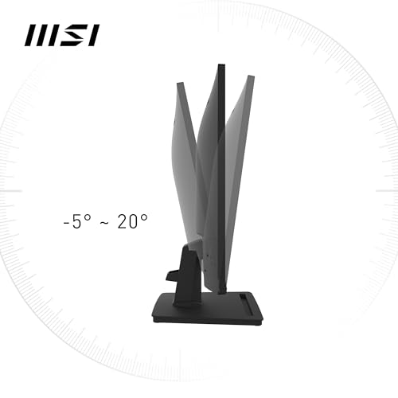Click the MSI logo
coord(62,35)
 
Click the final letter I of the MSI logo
coord(94,35)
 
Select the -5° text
coord(77,221)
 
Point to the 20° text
coord(132,221)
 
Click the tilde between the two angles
coord(104,223)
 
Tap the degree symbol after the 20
coord(143,218)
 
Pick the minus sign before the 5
coord(66,222)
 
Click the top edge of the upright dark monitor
coord(221,64)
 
